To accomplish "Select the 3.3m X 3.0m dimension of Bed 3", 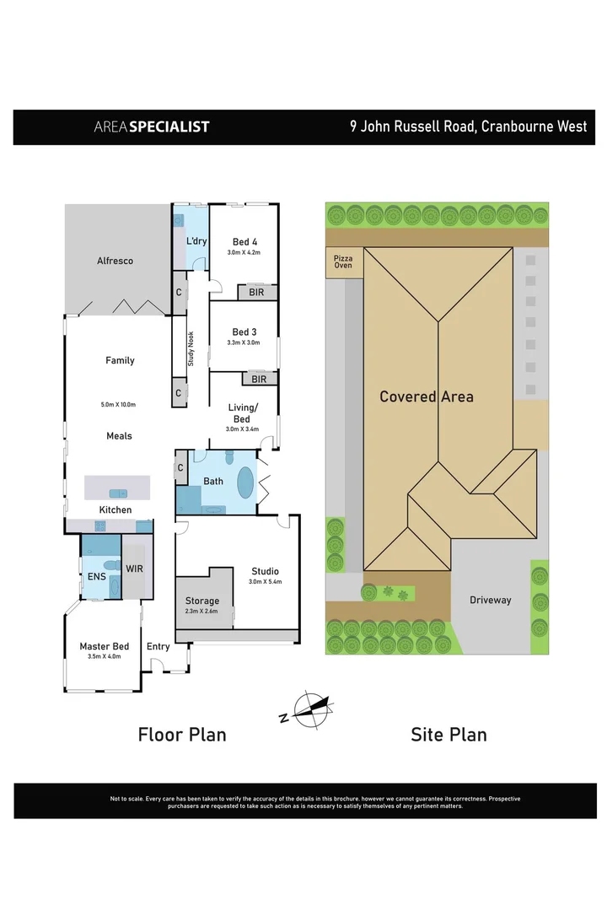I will pos(244,342).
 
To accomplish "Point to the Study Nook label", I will pos(191,348).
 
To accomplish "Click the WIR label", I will pos(135,569).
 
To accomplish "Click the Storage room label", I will pos(202,601).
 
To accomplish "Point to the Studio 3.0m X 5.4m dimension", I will pos(265,582).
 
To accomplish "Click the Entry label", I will pos(158,647).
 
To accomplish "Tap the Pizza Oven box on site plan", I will pos(343,260).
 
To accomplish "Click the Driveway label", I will pos(491,600).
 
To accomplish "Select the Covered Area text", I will pos(427,396).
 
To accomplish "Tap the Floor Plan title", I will pos(182,735).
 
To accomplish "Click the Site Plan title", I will pos(449,735).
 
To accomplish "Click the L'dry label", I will pos(196,242).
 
